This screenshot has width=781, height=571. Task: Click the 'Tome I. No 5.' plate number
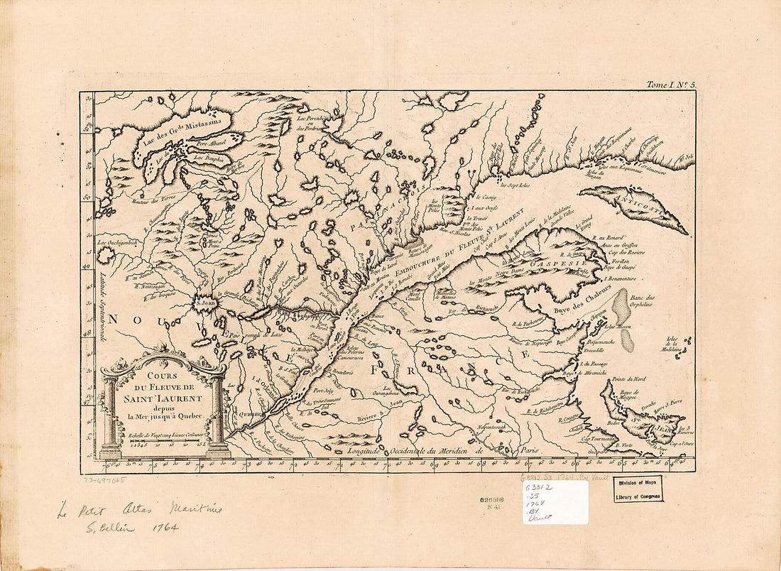point(671,85)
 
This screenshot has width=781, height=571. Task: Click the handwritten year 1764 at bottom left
point(164,528)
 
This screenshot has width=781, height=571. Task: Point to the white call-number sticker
point(555,503)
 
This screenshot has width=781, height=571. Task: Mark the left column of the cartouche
point(110,419)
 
